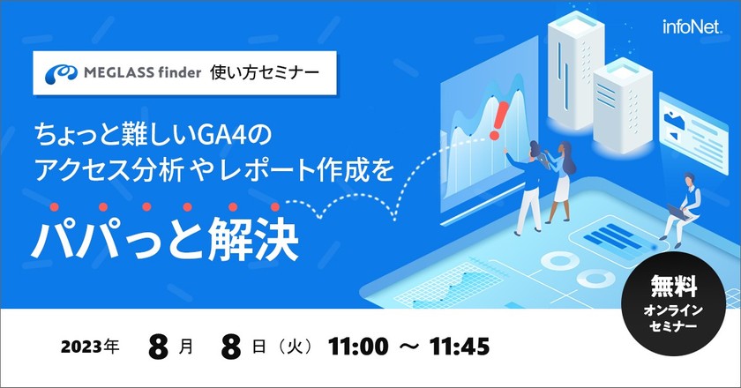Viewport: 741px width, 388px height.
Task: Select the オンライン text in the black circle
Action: point(674,310)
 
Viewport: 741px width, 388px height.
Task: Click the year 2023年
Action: point(90,347)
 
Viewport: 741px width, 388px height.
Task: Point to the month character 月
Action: point(186,347)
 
